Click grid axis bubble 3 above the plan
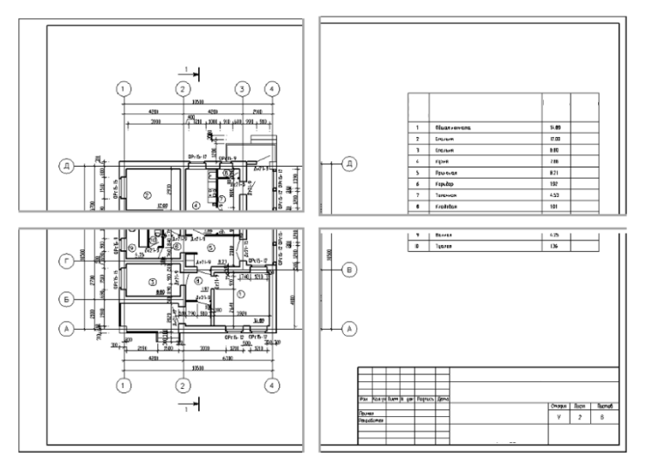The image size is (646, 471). (243, 89)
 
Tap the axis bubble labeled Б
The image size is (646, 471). (65, 297)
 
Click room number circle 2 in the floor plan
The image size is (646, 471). (148, 194)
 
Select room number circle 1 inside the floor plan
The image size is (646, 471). (242, 294)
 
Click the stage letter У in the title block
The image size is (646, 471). (558, 419)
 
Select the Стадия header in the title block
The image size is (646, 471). (558, 406)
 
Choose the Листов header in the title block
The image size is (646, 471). (607, 406)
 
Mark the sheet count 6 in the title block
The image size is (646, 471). (607, 419)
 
